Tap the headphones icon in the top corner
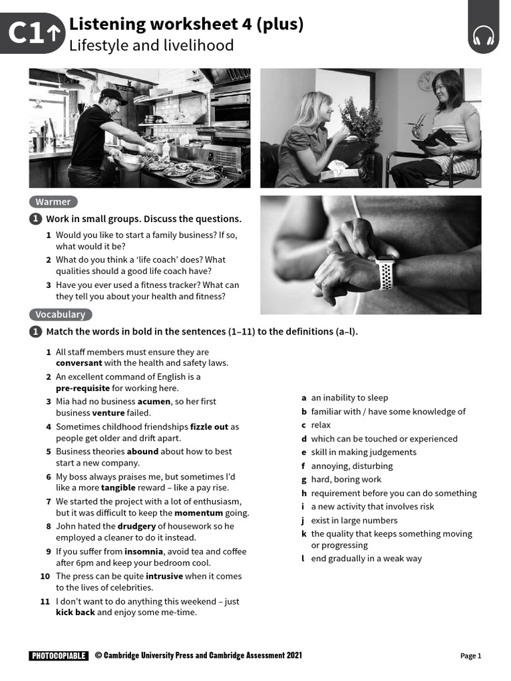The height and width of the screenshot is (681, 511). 484,36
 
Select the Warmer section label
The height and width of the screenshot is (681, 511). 53,202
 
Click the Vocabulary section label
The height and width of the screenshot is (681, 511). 60,315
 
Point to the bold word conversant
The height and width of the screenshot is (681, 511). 79,363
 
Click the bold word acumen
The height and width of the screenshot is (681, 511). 154,402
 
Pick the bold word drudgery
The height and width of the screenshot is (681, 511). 136,526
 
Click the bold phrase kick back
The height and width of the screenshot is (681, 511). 75,613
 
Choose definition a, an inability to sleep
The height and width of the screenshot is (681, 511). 349,398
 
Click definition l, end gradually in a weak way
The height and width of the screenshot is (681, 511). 365,559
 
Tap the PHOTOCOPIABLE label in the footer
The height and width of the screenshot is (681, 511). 59,656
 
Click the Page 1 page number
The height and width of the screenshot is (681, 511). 470,656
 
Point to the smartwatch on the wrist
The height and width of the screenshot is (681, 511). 385,273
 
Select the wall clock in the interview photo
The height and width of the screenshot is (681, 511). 426,81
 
